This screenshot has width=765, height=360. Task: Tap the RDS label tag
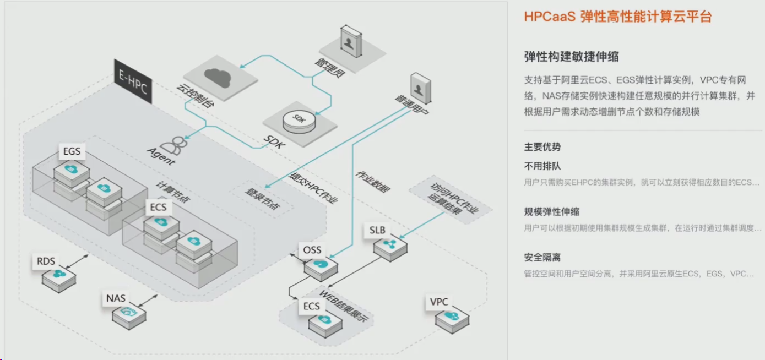(x=46, y=260)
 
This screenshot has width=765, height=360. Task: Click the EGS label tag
(x=72, y=151)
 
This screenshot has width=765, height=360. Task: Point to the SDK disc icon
(x=299, y=119)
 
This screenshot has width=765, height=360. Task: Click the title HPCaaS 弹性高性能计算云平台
(x=617, y=17)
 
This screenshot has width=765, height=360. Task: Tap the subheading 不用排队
(x=542, y=166)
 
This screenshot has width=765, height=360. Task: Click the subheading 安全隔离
(x=542, y=257)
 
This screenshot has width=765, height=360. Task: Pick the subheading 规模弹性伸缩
(x=551, y=211)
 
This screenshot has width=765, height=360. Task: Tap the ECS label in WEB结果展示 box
(x=311, y=306)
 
